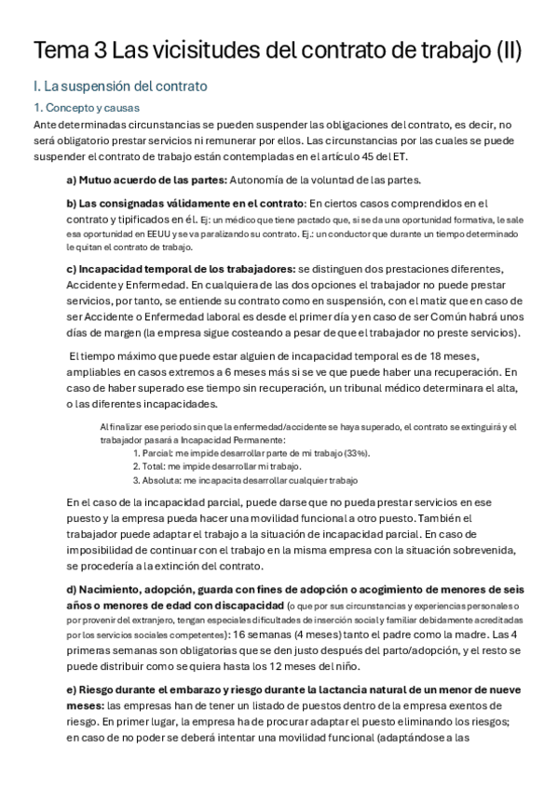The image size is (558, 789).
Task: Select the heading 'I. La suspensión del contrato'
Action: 119,87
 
